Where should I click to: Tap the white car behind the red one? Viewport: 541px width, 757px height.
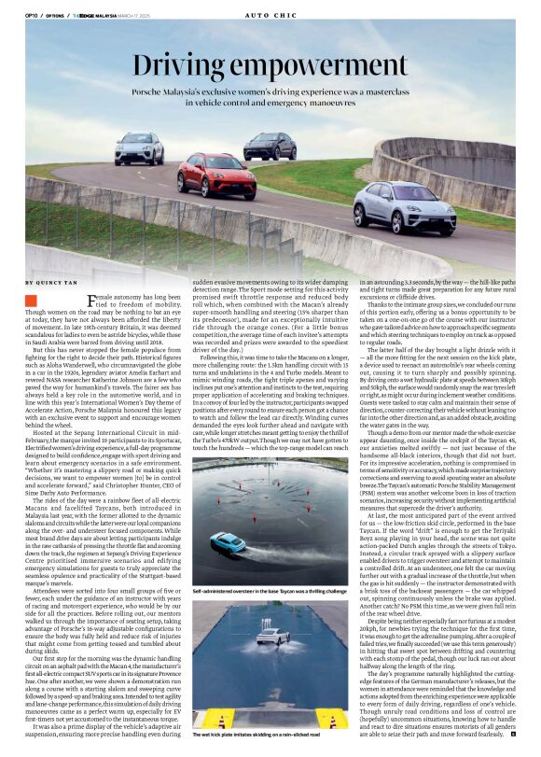(x=139, y=149)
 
